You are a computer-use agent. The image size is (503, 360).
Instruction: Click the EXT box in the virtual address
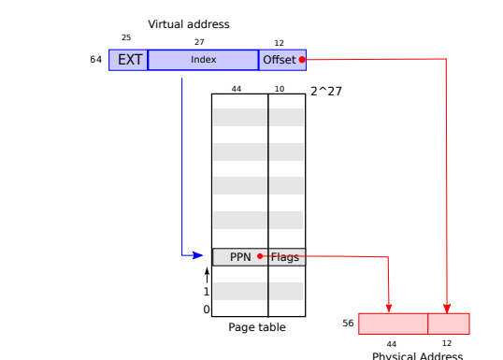coord(129,60)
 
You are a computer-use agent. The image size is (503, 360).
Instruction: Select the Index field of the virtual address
coord(204,60)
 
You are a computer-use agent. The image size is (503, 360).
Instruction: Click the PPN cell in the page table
coord(240,256)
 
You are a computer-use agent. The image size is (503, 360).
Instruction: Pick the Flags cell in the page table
coord(286,256)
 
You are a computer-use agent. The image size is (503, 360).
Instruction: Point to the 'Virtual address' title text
coord(188,23)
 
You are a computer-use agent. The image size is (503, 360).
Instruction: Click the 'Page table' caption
coord(257,327)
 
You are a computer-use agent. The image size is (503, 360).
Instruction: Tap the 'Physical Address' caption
coord(417,355)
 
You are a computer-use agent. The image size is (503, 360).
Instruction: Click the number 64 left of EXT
coord(95,60)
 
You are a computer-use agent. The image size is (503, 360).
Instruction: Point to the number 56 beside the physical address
coord(349,323)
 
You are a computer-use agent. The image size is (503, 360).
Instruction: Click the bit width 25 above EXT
coord(126,37)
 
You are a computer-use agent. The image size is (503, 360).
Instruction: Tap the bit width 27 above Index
coord(199,42)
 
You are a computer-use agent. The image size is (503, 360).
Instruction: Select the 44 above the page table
coord(236,89)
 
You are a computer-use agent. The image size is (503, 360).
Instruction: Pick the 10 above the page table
coord(280,89)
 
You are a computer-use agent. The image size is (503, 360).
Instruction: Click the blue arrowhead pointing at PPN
coord(197,254)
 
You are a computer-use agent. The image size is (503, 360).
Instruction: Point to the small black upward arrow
coord(207,275)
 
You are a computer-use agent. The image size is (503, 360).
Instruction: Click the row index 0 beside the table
coord(208,309)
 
